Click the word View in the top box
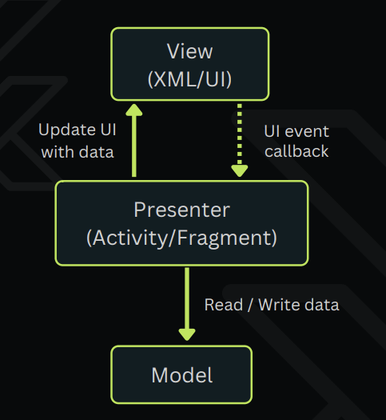[190, 51]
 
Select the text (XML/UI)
[189, 79]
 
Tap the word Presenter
[182, 210]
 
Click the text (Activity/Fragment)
[181, 238]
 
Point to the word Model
[182, 375]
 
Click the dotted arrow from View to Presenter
[240, 140]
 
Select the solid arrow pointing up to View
[134, 140]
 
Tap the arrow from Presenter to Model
[187, 304]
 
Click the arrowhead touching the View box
[134, 110]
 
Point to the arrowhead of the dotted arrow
[240, 171]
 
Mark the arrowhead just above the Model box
[187, 335]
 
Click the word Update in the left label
[67, 130]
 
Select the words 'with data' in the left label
[78, 152]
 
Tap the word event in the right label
[307, 132]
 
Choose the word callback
[296, 151]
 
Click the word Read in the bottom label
[224, 305]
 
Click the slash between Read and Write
[250, 305]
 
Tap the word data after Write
[322, 305]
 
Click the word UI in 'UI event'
[273, 131]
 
